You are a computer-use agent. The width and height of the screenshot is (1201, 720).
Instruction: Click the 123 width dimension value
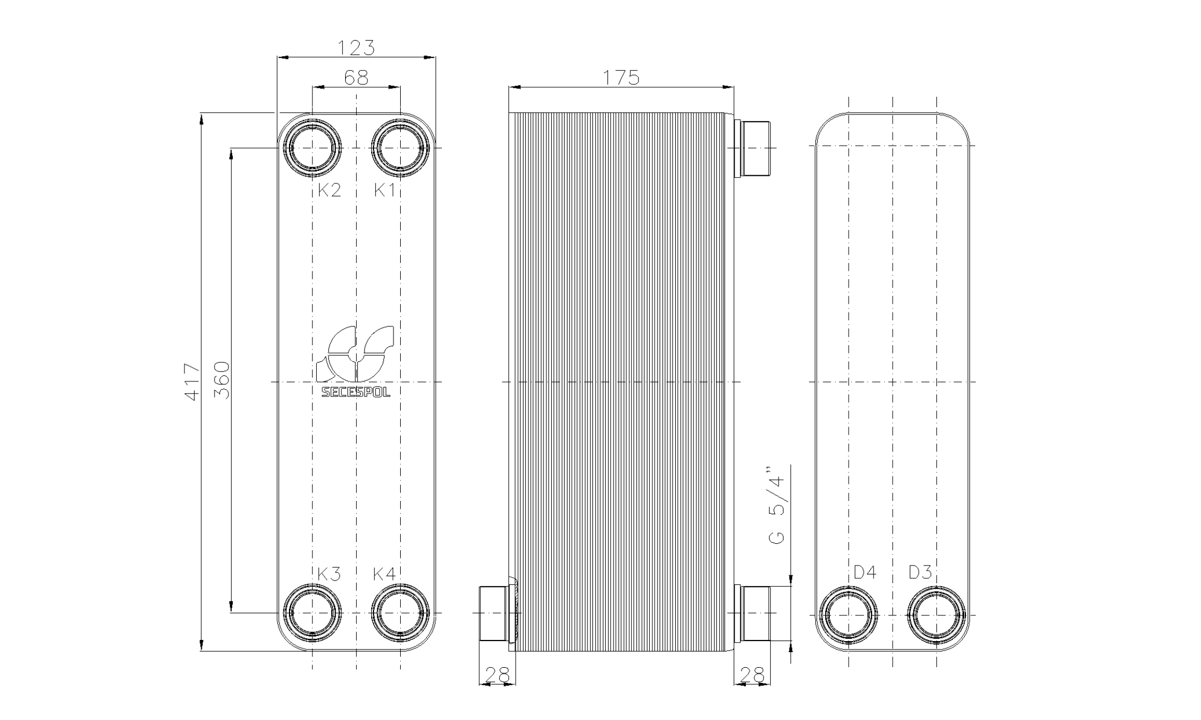[x=356, y=48]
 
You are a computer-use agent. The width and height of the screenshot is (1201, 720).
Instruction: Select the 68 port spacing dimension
[x=356, y=78]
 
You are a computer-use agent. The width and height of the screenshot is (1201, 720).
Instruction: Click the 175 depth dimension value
[x=621, y=78]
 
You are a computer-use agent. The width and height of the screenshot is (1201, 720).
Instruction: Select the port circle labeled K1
[x=400, y=148]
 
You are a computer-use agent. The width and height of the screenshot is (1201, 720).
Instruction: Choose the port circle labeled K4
[x=400, y=613]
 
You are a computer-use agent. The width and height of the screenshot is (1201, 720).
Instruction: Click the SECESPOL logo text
[x=356, y=393]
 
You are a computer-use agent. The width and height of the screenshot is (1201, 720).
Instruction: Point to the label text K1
[x=384, y=191]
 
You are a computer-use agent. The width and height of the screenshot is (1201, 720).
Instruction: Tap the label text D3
[x=920, y=572]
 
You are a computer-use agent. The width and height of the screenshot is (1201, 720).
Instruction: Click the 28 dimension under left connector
[x=497, y=675]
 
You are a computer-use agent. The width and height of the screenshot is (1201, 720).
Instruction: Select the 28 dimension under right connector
[x=752, y=675]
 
